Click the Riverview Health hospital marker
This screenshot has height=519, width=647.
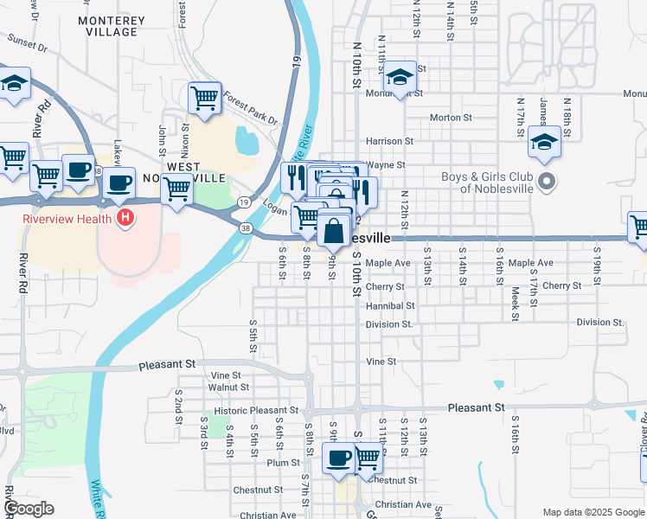coord(125,218)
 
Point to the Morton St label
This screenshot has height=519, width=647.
coord(450,117)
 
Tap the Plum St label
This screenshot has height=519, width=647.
coord(283,463)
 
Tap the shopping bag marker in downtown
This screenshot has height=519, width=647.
coord(334,232)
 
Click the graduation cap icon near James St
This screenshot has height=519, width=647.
coord(545,143)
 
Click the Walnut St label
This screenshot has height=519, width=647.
coord(228,388)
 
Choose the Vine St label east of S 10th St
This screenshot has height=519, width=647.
coord(381,362)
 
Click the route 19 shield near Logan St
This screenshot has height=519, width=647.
coord(245,202)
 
